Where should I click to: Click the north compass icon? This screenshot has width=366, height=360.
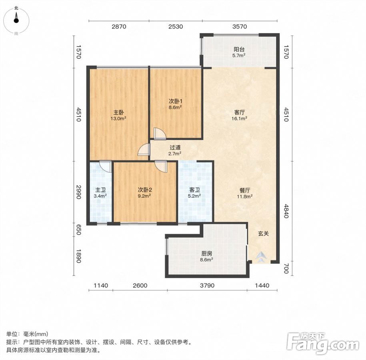16,20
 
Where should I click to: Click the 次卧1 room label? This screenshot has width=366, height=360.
176,101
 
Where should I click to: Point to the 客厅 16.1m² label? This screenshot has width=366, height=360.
240,115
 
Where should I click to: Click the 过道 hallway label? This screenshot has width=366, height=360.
175,148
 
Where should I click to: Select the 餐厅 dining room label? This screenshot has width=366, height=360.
245,190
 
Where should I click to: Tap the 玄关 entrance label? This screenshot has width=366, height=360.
263,234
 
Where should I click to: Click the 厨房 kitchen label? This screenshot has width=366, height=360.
207,254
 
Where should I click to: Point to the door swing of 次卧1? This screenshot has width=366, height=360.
160,134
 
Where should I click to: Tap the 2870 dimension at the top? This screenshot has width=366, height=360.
119,27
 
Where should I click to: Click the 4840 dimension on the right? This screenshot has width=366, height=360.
286,211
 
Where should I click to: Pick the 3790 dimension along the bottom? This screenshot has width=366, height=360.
207,286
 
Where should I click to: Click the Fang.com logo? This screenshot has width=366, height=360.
323,344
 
